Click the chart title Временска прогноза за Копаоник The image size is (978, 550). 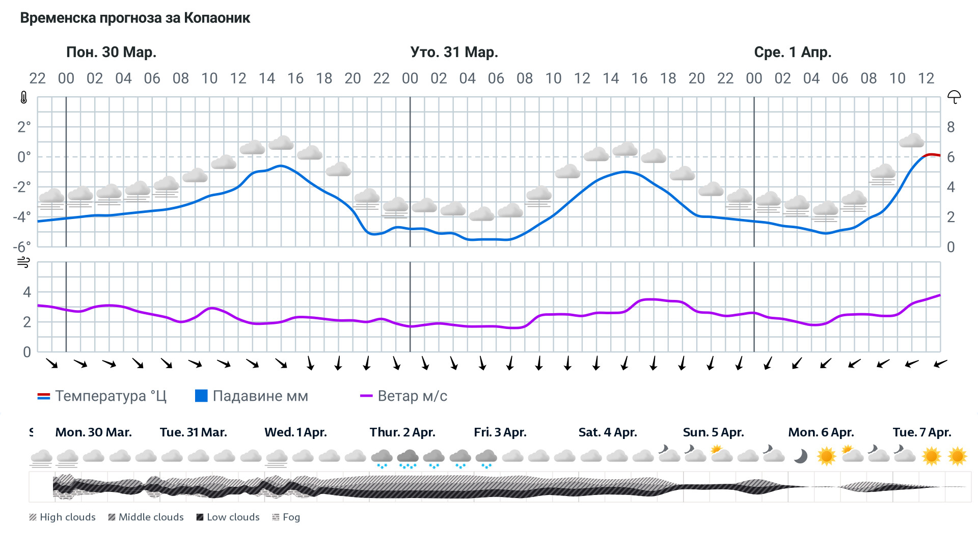coord(135,18)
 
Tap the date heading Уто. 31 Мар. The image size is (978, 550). coord(454,52)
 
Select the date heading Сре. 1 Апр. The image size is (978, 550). coord(793,52)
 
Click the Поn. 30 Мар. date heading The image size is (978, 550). coord(111,52)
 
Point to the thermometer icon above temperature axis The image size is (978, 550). coord(23,97)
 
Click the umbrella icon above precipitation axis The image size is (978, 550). coord(954,97)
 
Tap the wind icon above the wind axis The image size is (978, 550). coord(23,262)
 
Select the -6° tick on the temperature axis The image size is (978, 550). coord(21,247)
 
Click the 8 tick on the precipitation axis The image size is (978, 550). coord(950,127)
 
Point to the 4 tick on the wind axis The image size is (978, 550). coord(27,292)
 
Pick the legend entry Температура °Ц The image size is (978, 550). coord(102,396)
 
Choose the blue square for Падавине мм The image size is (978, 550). coord(201,396)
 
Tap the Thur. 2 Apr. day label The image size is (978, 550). coord(402,432)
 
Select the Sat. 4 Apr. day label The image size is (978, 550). coord(608,432)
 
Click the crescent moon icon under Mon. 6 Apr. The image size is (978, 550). coord(800,456)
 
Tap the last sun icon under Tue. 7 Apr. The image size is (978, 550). coord(957,456)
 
